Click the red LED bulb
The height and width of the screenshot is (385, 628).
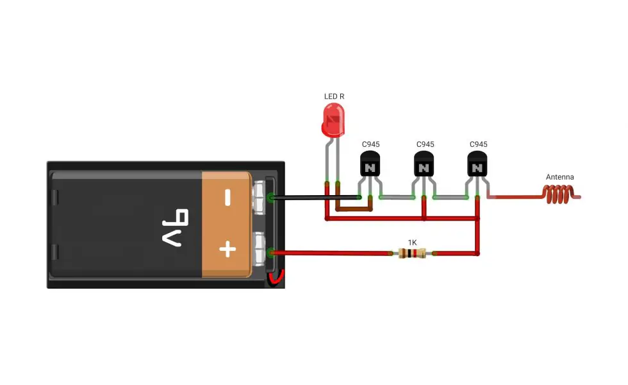click(333, 121)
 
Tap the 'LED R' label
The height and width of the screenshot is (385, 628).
click(334, 96)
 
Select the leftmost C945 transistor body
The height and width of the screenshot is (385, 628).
click(370, 164)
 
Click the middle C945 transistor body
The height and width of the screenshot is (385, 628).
click(424, 164)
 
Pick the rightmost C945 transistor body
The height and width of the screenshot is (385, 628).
click(477, 164)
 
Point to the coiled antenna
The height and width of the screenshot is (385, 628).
click(561, 194)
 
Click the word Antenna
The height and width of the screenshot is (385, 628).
click(560, 177)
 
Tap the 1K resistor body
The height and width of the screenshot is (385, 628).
click(412, 253)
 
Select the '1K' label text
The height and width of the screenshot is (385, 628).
click(413, 243)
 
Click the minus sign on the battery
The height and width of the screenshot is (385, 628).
click(227, 198)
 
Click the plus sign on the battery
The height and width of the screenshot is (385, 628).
click(227, 249)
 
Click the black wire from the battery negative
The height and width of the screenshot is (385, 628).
click(315, 198)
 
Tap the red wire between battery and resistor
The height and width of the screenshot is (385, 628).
click(331, 253)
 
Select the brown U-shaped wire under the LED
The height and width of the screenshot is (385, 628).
click(354, 209)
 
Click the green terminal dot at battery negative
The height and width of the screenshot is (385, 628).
click(271, 198)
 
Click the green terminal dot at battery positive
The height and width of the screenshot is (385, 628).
click(271, 252)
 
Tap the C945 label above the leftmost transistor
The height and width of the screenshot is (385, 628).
click(371, 144)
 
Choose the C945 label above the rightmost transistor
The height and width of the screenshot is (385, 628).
click(479, 144)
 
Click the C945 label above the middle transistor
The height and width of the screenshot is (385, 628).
click(426, 144)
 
